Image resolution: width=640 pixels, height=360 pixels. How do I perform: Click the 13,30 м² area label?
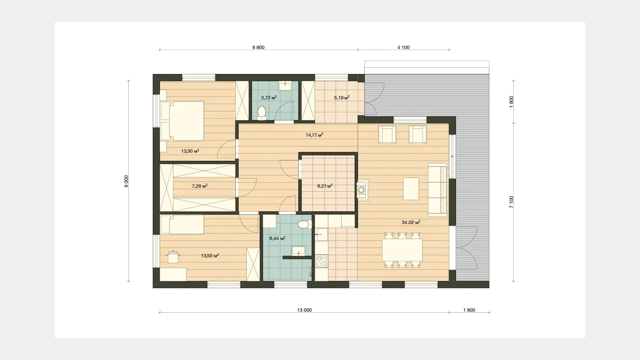(190, 151)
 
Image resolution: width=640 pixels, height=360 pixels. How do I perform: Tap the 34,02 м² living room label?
(411, 222)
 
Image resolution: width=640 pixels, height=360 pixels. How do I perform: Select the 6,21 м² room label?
(325, 186)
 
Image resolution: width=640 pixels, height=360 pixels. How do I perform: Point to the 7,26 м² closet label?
(200, 186)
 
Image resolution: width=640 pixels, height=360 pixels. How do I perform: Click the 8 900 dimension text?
(258, 47)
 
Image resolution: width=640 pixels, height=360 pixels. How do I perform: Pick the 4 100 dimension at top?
(403, 47)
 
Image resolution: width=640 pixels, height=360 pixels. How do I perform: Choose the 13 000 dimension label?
(304, 310)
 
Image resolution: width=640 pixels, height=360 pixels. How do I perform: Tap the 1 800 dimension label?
(469, 310)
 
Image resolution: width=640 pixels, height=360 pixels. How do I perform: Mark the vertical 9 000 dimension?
(126, 181)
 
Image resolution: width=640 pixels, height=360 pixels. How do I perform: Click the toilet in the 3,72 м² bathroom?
(262, 113)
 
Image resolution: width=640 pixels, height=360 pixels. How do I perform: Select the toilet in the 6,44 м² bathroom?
(304, 224)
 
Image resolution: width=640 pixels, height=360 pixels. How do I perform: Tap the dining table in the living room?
(402, 250)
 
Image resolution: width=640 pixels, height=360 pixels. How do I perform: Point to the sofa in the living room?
(437, 189)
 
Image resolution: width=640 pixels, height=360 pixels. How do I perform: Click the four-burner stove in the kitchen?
(322, 261)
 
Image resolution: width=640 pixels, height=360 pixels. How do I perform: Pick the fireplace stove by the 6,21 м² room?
(363, 190)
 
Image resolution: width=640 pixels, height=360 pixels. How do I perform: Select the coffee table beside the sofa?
(411, 189)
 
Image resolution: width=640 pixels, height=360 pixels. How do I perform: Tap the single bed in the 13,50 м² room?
(182, 224)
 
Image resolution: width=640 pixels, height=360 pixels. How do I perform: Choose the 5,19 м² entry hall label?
(342, 98)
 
